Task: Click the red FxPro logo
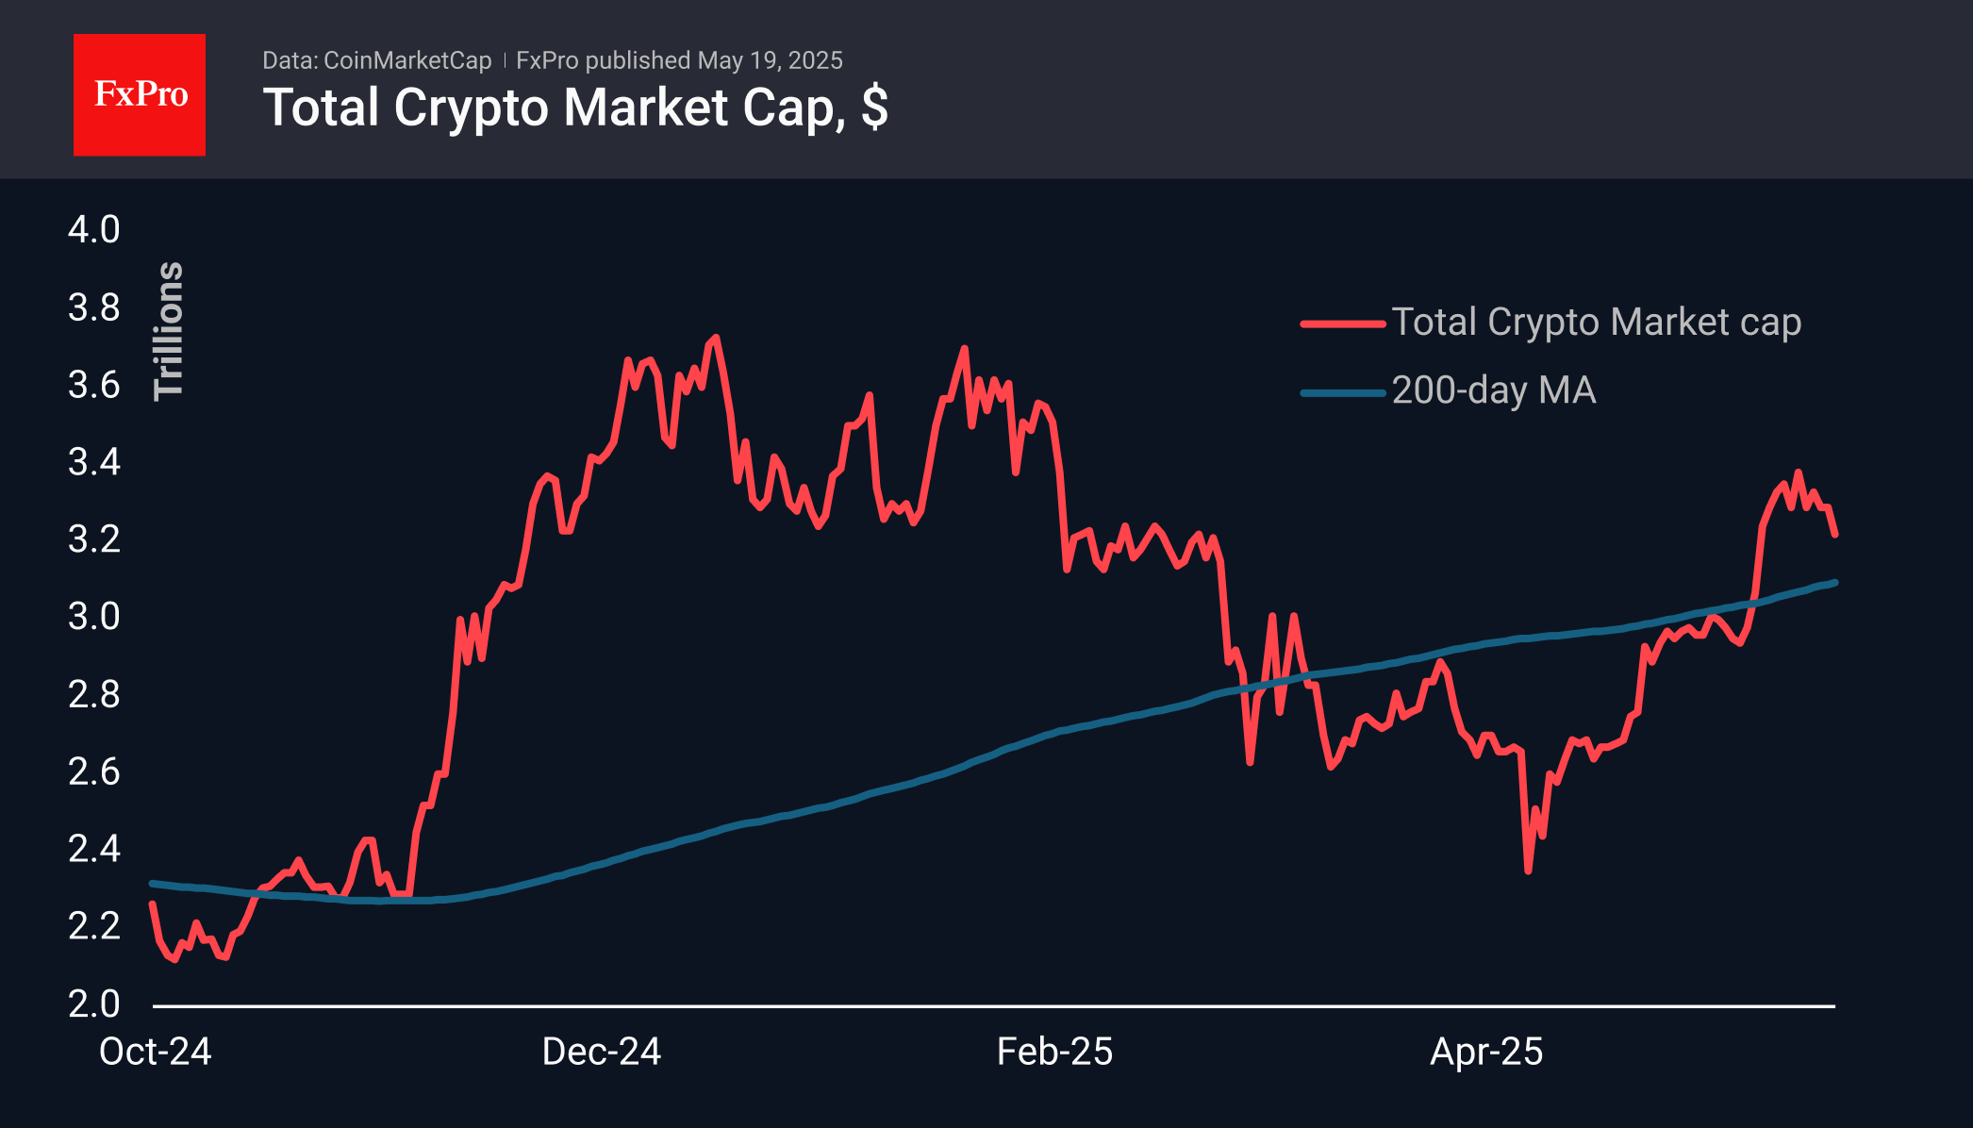pyautogui.click(x=140, y=94)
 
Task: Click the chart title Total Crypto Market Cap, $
pyautogui.click(x=575, y=108)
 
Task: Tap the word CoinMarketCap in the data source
pyautogui.click(x=407, y=60)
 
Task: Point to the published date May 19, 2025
pyautogui.click(x=770, y=60)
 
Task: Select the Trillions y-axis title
pyautogui.click(x=169, y=331)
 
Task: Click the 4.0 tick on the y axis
pyautogui.click(x=94, y=230)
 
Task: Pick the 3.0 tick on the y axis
pyautogui.click(x=94, y=617)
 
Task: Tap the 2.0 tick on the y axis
pyautogui.click(x=94, y=1004)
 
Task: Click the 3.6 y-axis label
pyautogui.click(x=94, y=385)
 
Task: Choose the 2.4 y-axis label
pyautogui.click(x=94, y=849)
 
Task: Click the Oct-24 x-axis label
pyautogui.click(x=156, y=1052)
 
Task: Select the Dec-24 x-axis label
pyautogui.click(x=602, y=1052)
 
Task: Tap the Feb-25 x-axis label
pyautogui.click(x=1054, y=1052)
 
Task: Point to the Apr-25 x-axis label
pyautogui.click(x=1486, y=1052)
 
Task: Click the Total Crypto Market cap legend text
pyautogui.click(x=1596, y=323)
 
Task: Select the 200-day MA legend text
pyautogui.click(x=1494, y=390)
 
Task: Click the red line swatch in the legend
pyautogui.click(x=1342, y=323)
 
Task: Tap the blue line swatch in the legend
pyautogui.click(x=1342, y=392)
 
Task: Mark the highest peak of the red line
pyautogui.click(x=717, y=337)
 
